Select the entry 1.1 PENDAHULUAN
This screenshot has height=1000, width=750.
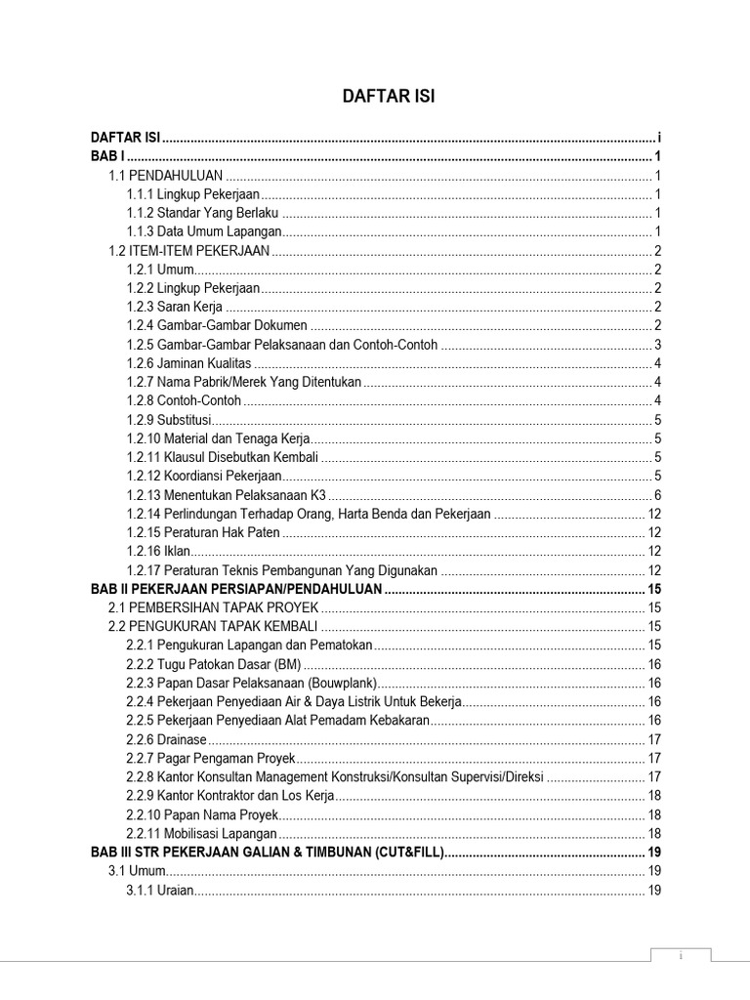pos(165,176)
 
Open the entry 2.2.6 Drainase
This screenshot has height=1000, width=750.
pos(166,739)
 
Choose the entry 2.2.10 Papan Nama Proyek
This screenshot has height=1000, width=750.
pos(202,814)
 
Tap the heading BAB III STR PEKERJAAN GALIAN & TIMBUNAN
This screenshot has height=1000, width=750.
pos(267,853)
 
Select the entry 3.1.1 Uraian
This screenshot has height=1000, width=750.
pos(160,890)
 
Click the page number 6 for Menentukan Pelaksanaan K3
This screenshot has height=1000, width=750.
pos(658,494)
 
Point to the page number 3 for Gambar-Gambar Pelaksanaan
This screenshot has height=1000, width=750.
pos(658,345)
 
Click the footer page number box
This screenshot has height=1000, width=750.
pos(681,956)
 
